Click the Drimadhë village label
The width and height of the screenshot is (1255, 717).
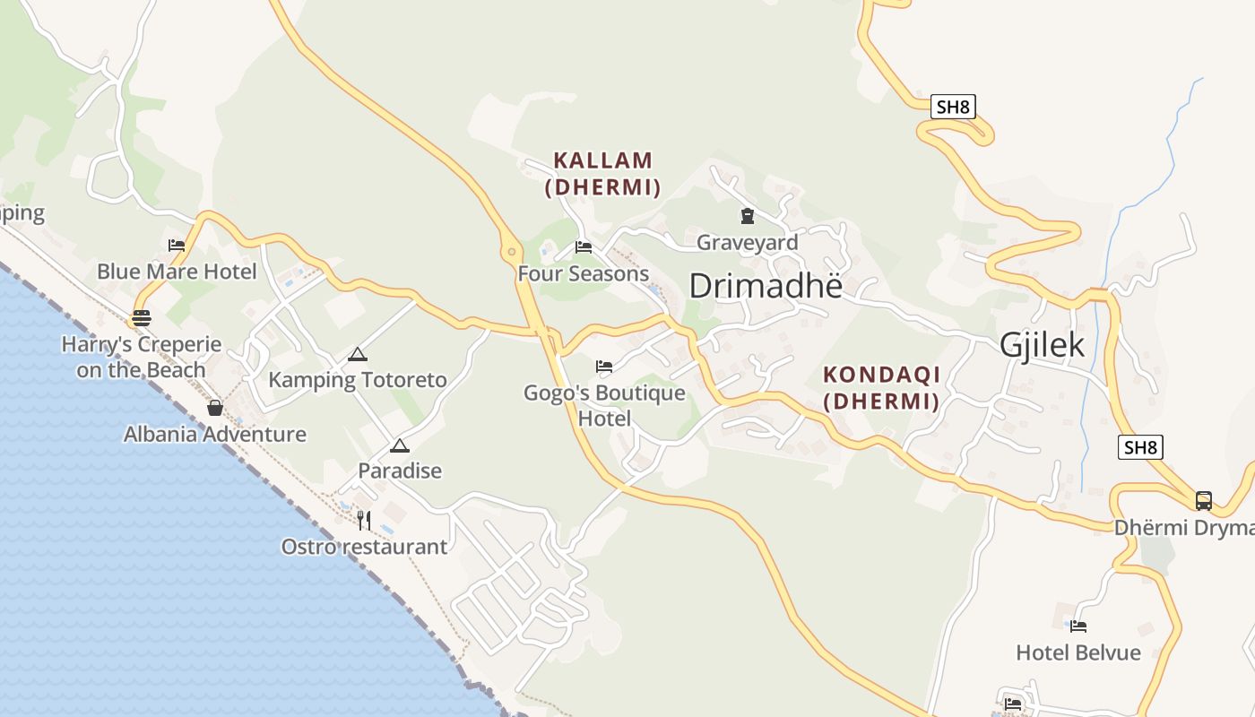click(766, 286)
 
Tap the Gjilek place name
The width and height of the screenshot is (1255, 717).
click(1042, 345)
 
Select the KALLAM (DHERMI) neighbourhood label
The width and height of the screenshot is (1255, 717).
click(603, 173)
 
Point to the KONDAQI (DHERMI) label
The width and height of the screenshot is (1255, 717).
click(881, 387)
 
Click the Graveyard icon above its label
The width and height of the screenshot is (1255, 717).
click(747, 216)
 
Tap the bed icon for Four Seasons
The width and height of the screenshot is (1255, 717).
click(584, 246)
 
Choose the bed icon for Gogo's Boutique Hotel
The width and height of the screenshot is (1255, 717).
click(604, 367)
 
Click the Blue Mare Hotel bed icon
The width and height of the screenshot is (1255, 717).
click(177, 245)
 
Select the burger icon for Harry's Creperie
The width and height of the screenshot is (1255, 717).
click(141, 317)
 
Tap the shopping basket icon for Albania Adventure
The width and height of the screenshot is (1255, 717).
click(215, 408)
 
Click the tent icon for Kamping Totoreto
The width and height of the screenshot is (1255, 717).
click(358, 354)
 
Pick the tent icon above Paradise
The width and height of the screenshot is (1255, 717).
click(400, 445)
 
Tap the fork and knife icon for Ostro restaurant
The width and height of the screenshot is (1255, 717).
click(364, 520)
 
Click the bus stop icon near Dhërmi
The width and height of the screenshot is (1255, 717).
click(1204, 501)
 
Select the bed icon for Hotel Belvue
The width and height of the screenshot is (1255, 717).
click(1078, 626)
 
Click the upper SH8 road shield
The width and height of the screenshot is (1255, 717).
click(952, 108)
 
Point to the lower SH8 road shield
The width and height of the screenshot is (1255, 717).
click(1140, 447)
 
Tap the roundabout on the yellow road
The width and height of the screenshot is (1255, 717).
click(512, 252)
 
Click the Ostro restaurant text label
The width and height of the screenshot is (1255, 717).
click(364, 547)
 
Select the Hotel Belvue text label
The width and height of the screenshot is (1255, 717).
click(1078, 652)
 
